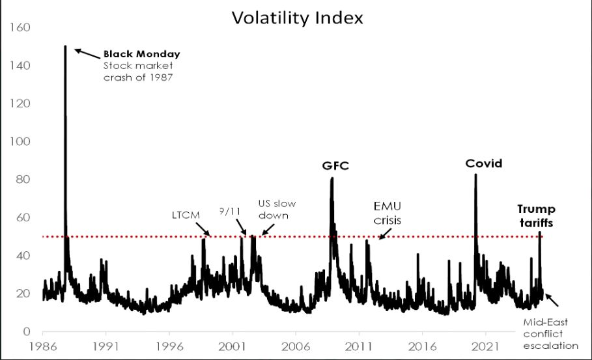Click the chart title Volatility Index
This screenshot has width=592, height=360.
(x=297, y=18)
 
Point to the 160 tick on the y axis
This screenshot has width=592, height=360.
(x=20, y=27)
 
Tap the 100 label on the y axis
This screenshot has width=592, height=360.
(x=20, y=141)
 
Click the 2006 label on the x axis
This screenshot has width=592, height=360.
(x=295, y=346)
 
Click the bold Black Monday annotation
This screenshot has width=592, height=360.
(x=141, y=54)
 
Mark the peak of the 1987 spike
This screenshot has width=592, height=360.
(x=65, y=46)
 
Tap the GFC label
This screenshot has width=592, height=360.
(x=335, y=165)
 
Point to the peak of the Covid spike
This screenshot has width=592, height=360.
(x=475, y=174)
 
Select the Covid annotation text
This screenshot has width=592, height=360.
(x=484, y=163)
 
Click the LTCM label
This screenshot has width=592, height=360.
(x=186, y=215)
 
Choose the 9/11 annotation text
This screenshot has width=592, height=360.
(x=229, y=212)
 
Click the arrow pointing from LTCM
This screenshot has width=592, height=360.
(x=203, y=228)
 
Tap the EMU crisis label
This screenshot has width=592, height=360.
(x=388, y=214)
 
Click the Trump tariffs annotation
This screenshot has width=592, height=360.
(x=536, y=216)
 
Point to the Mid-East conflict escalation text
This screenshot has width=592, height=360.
(x=550, y=334)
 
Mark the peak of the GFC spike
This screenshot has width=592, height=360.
(x=332, y=178)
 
